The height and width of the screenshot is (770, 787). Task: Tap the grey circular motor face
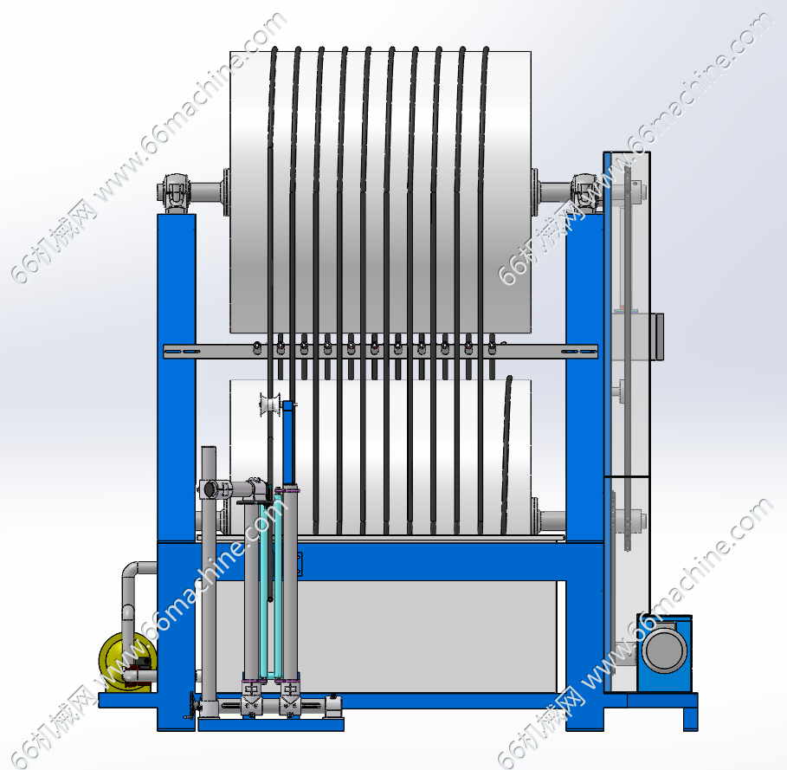(x=664, y=650)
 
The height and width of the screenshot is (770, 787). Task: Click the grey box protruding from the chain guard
(x=657, y=336)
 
